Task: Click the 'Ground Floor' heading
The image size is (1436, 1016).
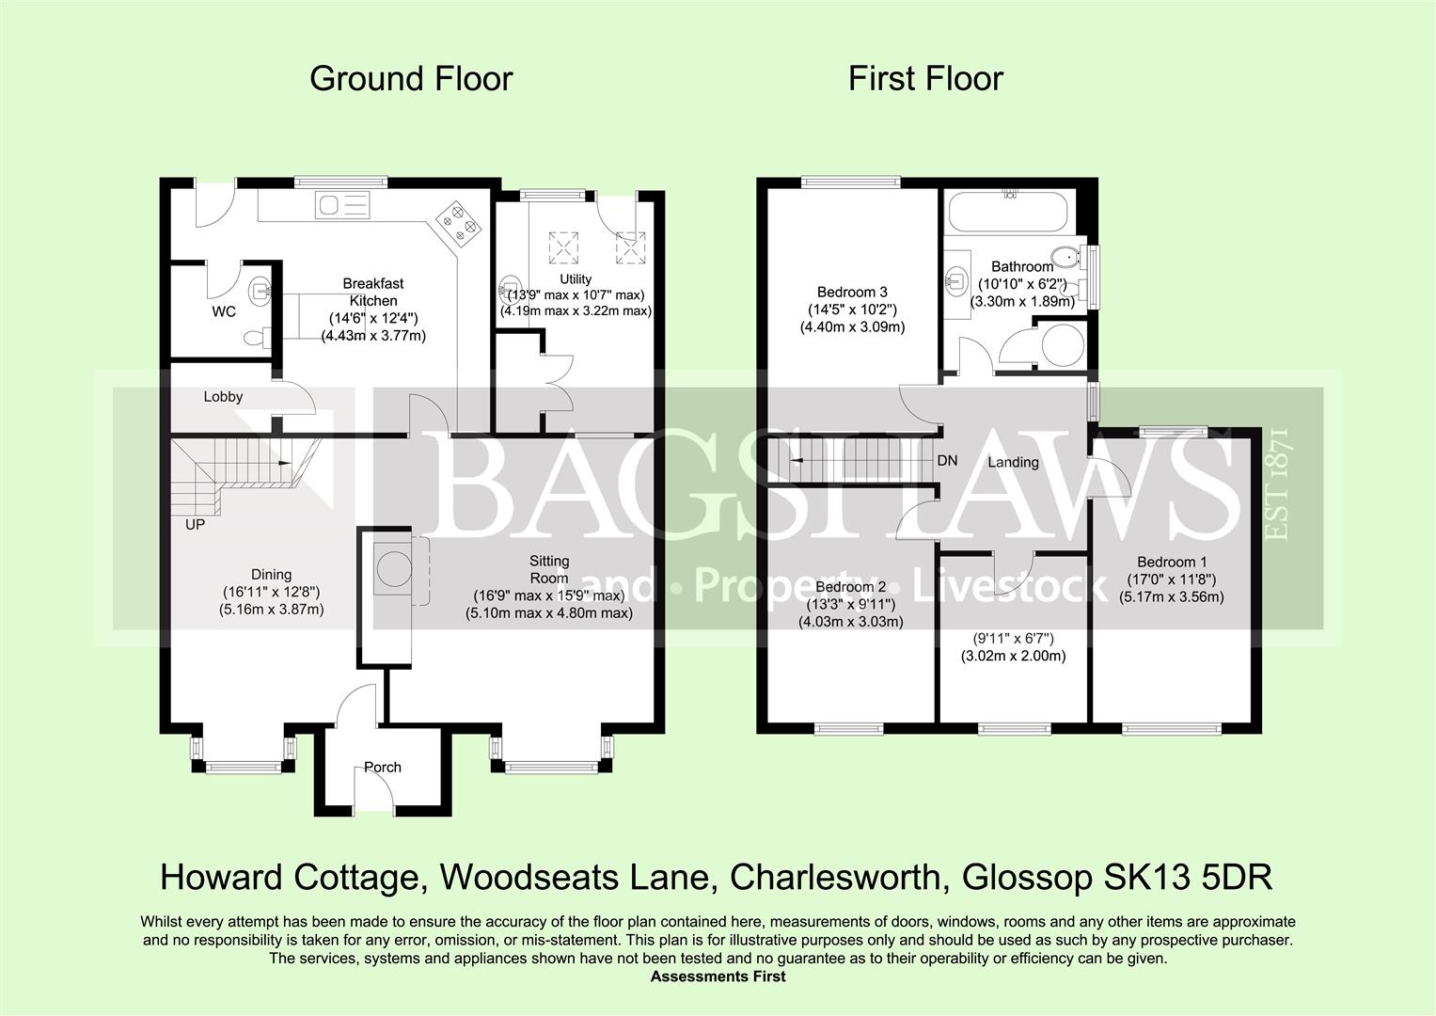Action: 411,79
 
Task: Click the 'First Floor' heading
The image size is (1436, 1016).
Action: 925,79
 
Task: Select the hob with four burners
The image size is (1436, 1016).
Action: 458,221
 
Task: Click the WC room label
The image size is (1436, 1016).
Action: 224,311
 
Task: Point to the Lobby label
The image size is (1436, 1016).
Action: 223,397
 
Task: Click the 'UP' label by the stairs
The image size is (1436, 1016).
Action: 195,525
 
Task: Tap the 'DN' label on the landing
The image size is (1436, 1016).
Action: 947,461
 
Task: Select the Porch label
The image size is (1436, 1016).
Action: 383,768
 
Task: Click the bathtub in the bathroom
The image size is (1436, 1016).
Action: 1007,213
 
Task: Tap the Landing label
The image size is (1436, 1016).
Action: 1013,462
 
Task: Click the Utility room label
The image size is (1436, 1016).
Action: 576,278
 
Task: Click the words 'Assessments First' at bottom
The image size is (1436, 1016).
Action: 718,976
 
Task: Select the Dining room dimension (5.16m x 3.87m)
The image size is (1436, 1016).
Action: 272,610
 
